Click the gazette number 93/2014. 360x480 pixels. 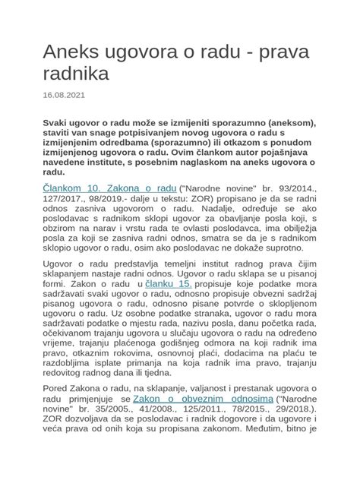point(303,188)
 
